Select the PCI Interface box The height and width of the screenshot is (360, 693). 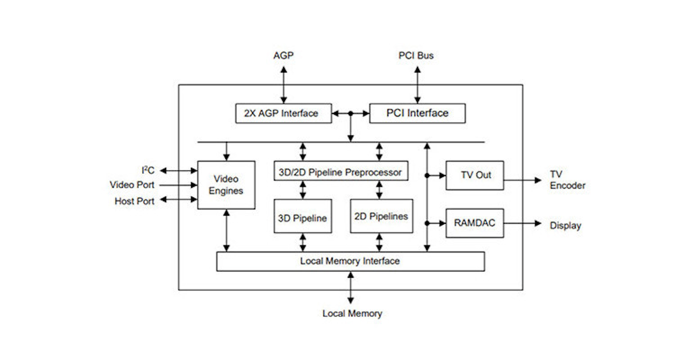pyautogui.click(x=417, y=114)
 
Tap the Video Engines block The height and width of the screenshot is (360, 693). pyautogui.click(x=226, y=185)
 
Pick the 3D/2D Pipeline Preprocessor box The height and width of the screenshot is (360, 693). pyautogui.click(x=341, y=171)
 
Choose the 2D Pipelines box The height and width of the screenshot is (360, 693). pyautogui.click(x=381, y=217)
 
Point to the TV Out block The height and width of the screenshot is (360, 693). pyautogui.click(x=475, y=175)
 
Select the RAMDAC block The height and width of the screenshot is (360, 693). pyautogui.click(x=475, y=223)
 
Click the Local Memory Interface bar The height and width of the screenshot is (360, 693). pyautogui.click(x=350, y=261)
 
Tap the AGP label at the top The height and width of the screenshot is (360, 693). pyautogui.click(x=283, y=55)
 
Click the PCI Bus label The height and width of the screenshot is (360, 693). pyautogui.click(x=416, y=55)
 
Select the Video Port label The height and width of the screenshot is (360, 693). pyautogui.click(x=132, y=185)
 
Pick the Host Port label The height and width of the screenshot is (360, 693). pyautogui.click(x=135, y=201)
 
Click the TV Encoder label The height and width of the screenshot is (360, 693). pyautogui.click(x=567, y=180)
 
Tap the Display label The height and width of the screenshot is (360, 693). pyautogui.click(x=565, y=226)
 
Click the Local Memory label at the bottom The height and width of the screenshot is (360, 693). pyautogui.click(x=352, y=314)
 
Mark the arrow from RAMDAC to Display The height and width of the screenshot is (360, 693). pyautogui.click(x=522, y=223)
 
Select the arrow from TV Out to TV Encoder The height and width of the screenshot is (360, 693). pyautogui.click(x=522, y=180)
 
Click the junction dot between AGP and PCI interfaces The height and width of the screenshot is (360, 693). pyautogui.click(x=351, y=114)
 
